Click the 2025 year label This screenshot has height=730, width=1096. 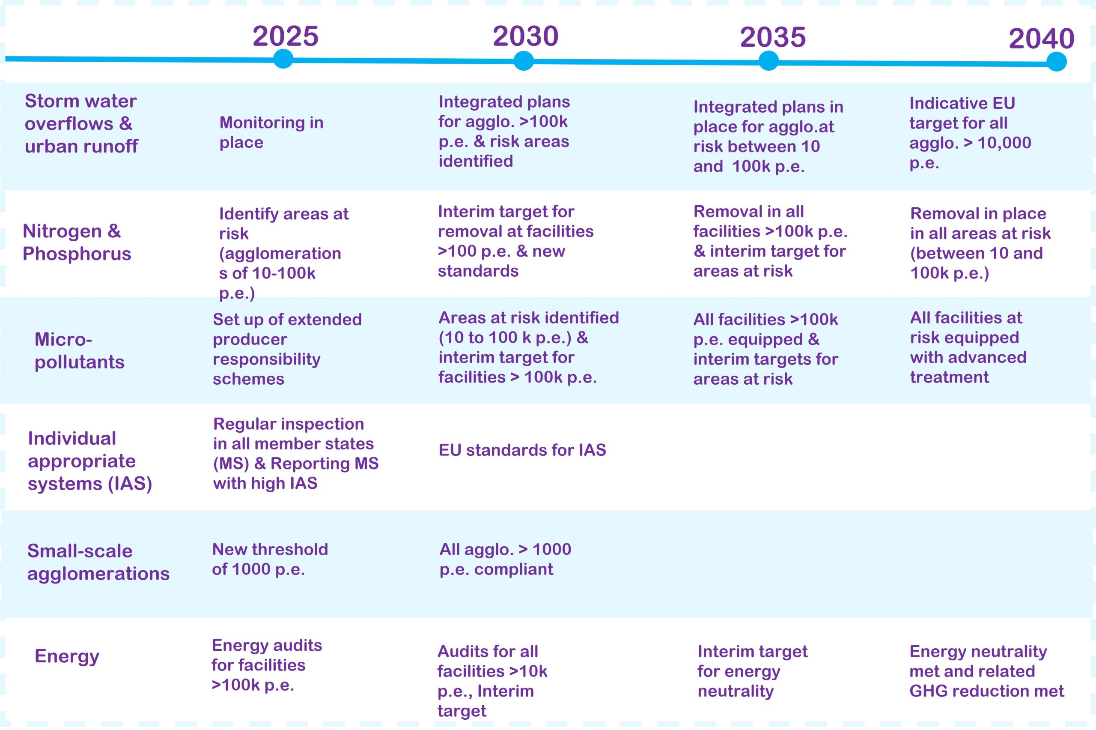(285, 36)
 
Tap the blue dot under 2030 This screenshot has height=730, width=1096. (523, 61)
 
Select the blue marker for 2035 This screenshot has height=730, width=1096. (768, 61)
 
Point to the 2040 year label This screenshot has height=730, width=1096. (1041, 39)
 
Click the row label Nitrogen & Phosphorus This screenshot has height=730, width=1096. (77, 242)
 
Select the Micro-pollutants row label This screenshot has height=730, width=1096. (79, 350)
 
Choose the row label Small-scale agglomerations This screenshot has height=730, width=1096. (98, 562)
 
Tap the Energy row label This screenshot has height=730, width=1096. (67, 656)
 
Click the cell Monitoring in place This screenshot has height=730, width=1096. (271, 132)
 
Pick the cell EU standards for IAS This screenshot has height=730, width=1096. (522, 450)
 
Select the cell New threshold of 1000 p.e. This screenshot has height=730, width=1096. (270, 559)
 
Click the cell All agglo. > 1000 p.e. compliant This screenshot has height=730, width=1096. (505, 559)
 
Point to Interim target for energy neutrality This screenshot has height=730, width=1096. (752, 671)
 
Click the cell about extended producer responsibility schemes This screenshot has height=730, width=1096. (286, 349)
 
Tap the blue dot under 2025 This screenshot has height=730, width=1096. (283, 59)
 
